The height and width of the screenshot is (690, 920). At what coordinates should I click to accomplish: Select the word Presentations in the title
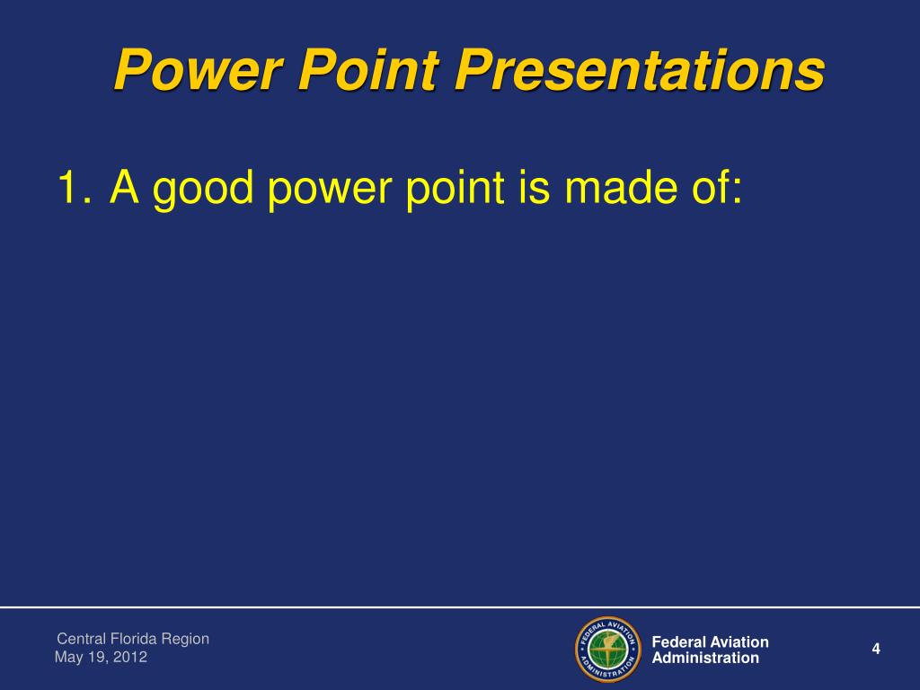coord(640,69)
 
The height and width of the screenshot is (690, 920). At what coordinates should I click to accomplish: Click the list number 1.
coord(75,187)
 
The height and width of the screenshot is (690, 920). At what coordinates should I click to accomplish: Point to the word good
coord(202,189)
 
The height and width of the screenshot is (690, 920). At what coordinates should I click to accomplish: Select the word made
coord(619,187)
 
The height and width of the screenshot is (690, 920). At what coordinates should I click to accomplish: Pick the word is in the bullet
coord(534,187)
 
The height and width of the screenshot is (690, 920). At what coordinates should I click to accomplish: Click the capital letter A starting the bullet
coord(124,187)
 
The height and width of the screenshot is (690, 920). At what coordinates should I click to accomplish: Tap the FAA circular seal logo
coord(608,650)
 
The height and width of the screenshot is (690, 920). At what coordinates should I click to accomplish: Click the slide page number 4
coord(876,649)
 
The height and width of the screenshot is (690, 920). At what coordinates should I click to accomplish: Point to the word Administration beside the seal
coord(706,658)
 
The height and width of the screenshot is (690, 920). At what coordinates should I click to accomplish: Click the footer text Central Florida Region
coord(133,639)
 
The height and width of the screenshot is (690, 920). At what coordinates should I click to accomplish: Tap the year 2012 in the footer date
coord(129,657)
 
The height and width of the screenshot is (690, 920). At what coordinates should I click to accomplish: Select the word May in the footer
coord(69,657)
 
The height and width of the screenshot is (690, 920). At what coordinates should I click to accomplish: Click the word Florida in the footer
coord(133,639)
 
